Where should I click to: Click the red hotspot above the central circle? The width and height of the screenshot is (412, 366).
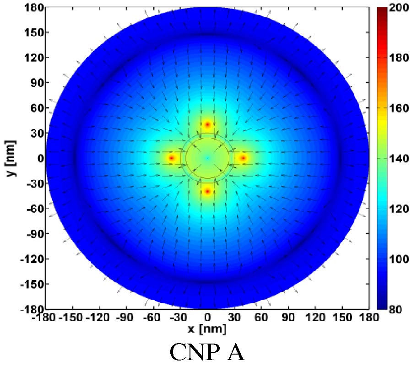coord(207,124)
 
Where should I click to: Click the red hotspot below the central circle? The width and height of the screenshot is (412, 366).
coord(207,191)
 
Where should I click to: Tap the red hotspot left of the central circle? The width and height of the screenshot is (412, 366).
coord(172,158)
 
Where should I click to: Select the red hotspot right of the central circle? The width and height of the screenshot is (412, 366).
coord(243,158)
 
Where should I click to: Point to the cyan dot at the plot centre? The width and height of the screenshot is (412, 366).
coord(207,158)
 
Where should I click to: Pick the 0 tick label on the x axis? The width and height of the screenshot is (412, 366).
coord(207,317)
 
